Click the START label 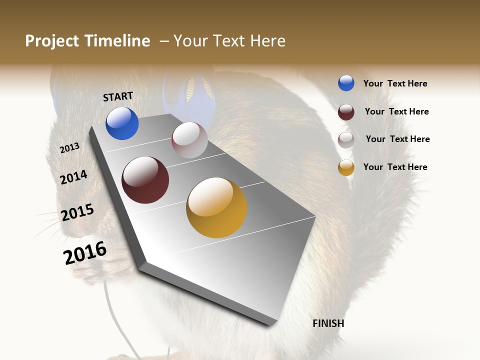tap(118, 96)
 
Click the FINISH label tap(328, 323)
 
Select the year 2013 tap(69, 148)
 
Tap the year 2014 tap(73, 177)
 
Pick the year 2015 tap(77, 212)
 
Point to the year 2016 tap(85, 253)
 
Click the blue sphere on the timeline tap(122, 123)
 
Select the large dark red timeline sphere tap(145, 180)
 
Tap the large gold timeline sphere tap(216, 207)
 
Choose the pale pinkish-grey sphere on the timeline tap(189, 140)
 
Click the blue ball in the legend tap(346, 83)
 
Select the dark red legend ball tap(346, 112)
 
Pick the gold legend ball tap(346, 167)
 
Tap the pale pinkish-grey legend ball tap(346, 140)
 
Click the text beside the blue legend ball tap(395, 83)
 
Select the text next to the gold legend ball tap(395, 167)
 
